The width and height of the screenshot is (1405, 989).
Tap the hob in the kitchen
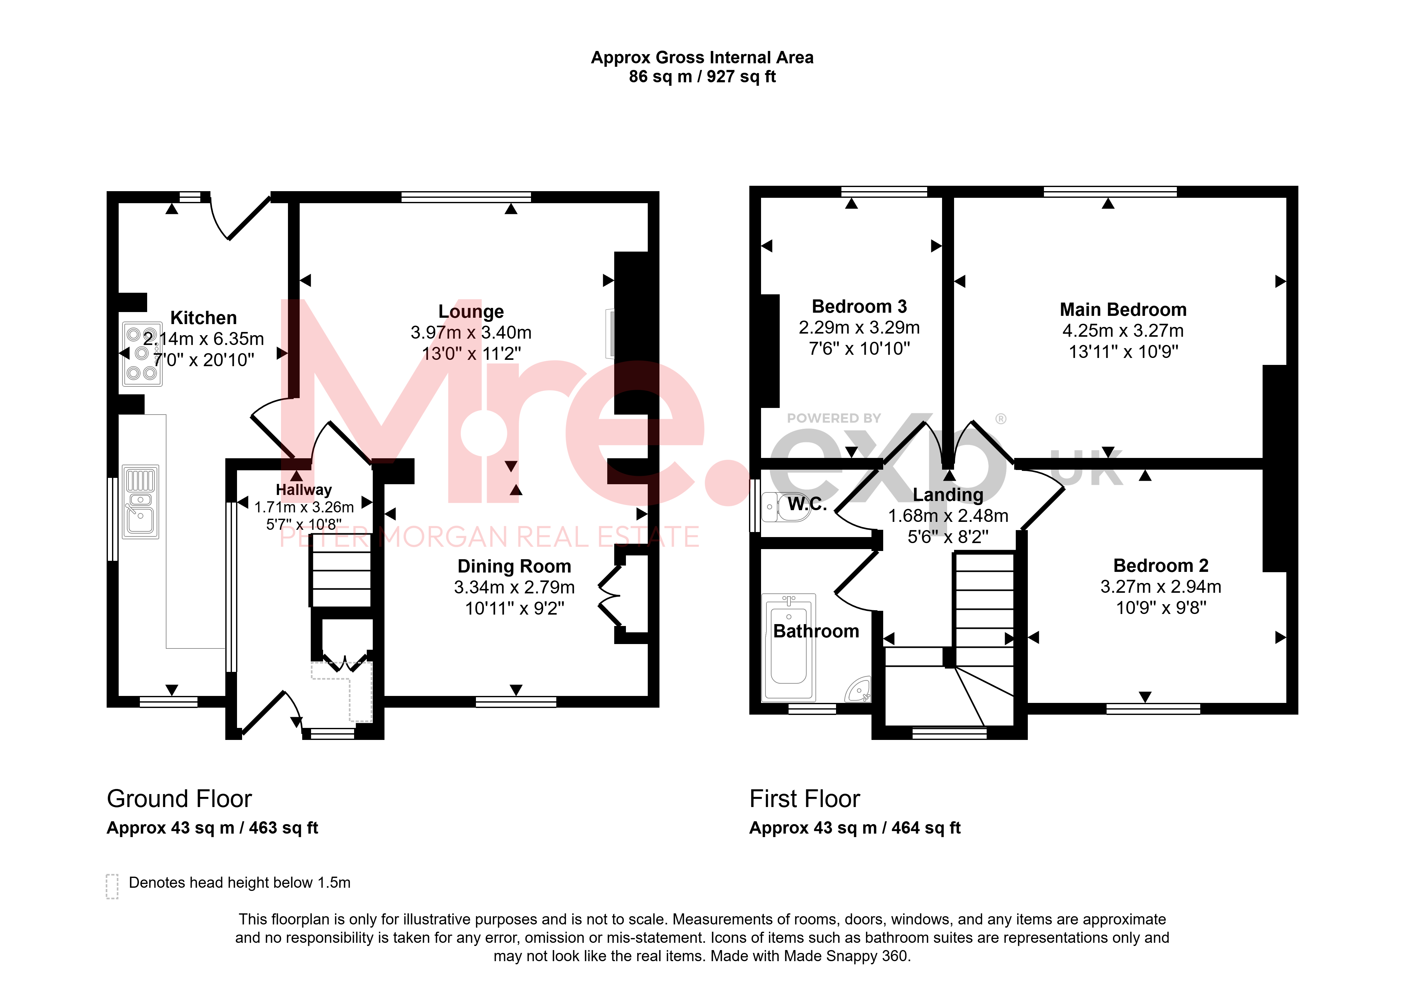point(142,354)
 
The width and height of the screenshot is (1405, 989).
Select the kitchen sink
point(141,502)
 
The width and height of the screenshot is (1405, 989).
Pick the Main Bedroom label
point(1123,310)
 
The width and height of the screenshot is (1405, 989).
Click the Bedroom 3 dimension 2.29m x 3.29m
point(859,328)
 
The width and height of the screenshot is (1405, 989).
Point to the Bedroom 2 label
point(1161,566)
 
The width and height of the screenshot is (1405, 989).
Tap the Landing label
point(948,494)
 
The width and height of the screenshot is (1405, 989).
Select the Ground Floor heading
point(179,799)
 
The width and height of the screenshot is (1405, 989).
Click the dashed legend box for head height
point(112,886)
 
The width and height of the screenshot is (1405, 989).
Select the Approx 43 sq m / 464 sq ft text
point(855,828)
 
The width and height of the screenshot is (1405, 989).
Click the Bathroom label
point(816,631)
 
